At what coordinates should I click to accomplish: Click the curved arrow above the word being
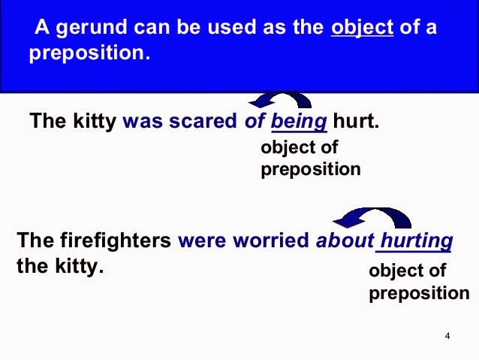[281, 101]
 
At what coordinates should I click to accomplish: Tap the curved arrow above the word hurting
[372, 218]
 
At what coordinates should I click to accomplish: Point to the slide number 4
[447, 336]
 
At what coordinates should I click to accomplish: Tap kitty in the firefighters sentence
[77, 265]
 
